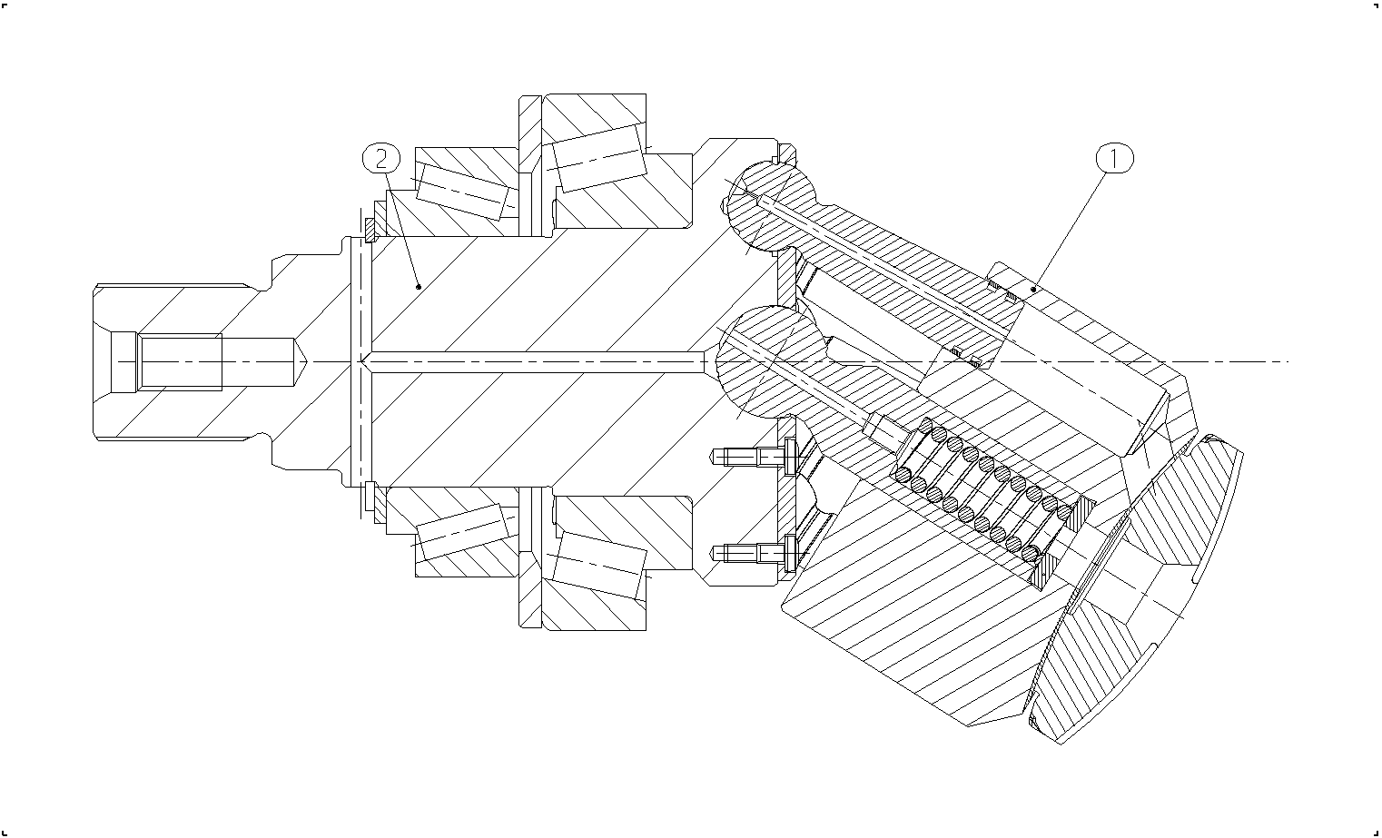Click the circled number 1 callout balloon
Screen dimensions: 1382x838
click(x=1114, y=159)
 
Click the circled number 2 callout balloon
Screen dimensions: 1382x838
click(x=381, y=159)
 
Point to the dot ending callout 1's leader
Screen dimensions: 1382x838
click(x=1033, y=289)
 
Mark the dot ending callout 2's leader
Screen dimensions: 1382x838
click(x=419, y=287)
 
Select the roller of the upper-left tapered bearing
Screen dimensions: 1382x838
click(x=463, y=192)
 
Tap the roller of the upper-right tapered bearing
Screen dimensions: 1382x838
click(x=599, y=158)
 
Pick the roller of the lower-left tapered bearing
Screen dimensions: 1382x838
click(x=463, y=532)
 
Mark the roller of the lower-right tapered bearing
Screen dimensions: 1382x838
click(x=599, y=566)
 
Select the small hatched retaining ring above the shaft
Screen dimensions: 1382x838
click(x=370, y=231)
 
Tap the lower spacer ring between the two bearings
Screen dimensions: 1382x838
click(x=529, y=557)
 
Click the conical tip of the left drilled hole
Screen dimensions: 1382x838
click(x=301, y=361)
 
